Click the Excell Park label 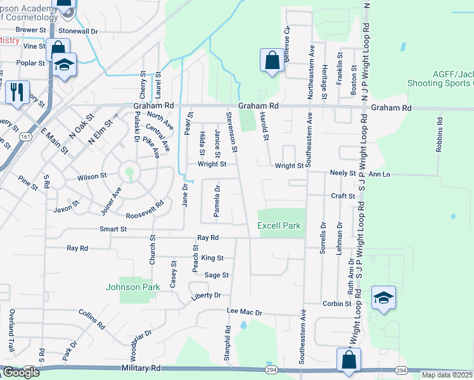(278, 226)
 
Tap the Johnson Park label (132, 287)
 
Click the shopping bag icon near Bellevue (272, 61)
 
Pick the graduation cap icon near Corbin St (383, 298)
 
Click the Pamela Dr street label (217, 201)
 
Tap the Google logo (20, 372)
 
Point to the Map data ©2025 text (447, 375)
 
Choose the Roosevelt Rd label (144, 210)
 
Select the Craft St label (343, 196)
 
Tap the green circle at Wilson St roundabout (130, 171)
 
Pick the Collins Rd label (91, 319)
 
